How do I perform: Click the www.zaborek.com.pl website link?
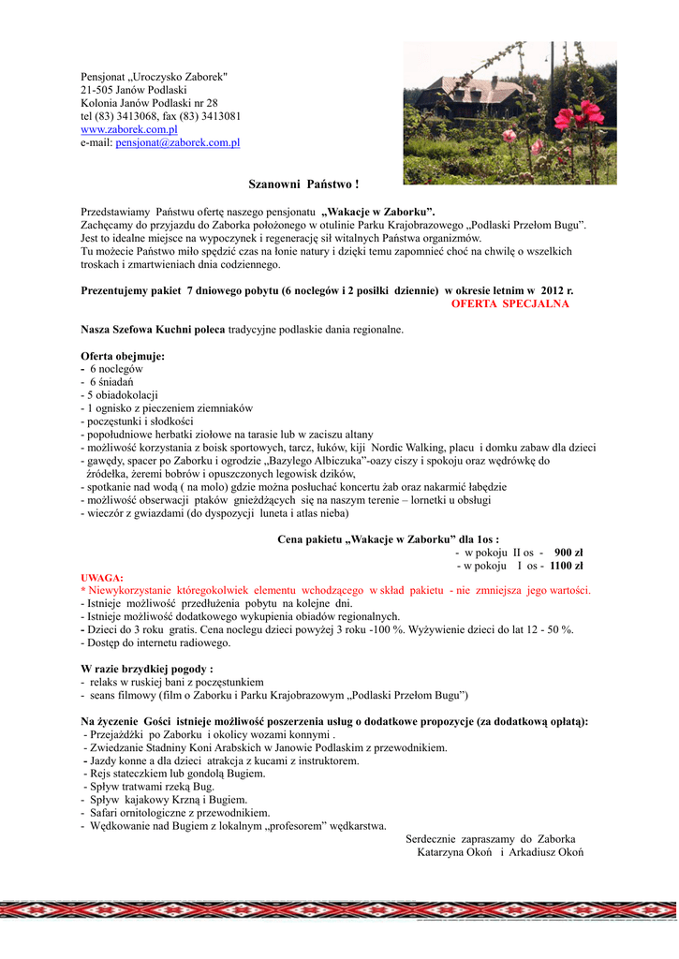(x=128, y=129)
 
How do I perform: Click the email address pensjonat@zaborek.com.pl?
(x=177, y=142)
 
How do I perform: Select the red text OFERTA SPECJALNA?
(x=509, y=304)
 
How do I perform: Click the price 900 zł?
(x=568, y=553)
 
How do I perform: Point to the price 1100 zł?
(x=567, y=566)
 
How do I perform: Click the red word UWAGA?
(x=102, y=578)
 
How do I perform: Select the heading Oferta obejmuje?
(x=123, y=357)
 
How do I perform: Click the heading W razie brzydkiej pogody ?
(x=147, y=669)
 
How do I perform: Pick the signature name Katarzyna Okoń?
(x=456, y=852)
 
